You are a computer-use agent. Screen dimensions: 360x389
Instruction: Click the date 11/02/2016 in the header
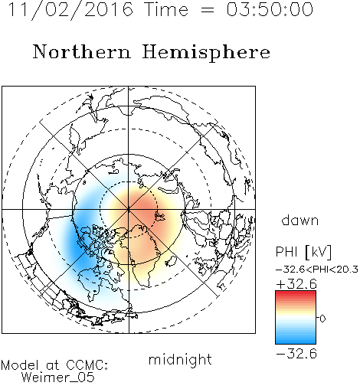click(70, 10)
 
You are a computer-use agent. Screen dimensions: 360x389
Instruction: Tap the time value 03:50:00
click(270, 9)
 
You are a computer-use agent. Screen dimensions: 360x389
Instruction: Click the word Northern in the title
click(82, 52)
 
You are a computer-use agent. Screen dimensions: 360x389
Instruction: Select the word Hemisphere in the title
click(206, 53)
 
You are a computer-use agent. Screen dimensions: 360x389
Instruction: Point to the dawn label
click(300, 220)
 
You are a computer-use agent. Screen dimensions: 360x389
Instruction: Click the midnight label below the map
click(180, 360)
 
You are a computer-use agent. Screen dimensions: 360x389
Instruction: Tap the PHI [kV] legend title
click(303, 252)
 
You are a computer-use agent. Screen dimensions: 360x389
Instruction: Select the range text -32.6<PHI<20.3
click(317, 270)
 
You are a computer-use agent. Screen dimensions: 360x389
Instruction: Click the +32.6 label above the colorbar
click(296, 284)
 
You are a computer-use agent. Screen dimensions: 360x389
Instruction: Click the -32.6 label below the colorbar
click(296, 354)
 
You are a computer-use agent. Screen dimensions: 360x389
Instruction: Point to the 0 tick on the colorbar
click(322, 319)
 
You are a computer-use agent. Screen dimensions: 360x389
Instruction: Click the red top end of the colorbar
click(296, 293)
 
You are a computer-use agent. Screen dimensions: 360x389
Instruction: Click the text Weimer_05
click(58, 378)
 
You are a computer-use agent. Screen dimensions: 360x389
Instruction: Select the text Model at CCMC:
click(54, 365)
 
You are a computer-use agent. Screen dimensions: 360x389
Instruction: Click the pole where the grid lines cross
click(129, 210)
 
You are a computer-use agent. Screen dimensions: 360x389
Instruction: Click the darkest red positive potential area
click(146, 205)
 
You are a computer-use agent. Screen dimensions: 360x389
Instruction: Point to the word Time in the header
click(166, 9)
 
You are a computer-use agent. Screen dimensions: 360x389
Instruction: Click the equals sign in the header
click(208, 10)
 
